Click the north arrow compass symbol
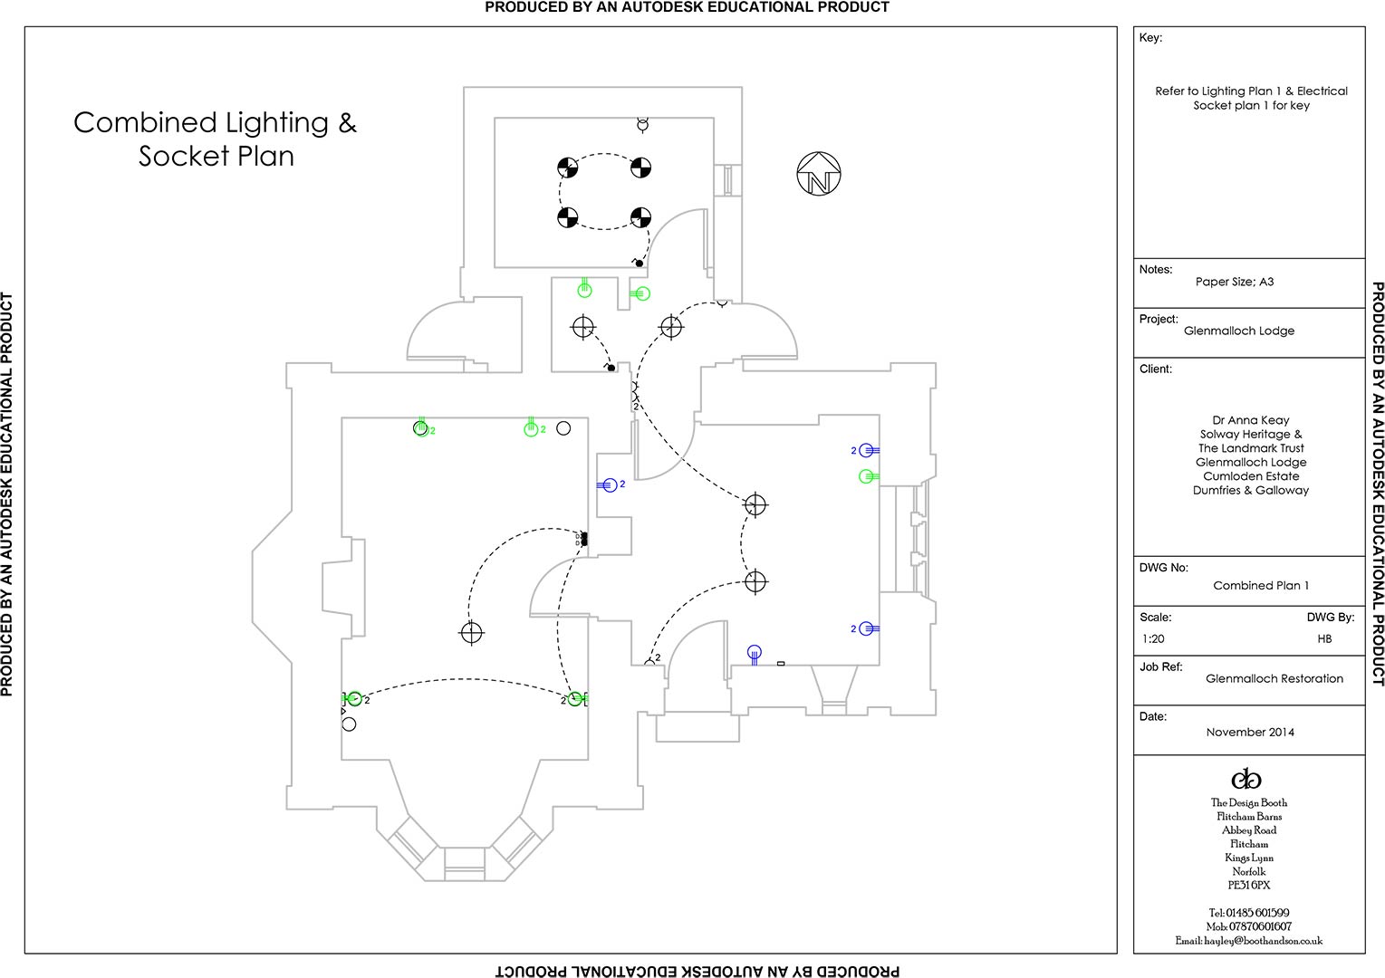(x=819, y=174)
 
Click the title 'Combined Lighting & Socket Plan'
(x=216, y=139)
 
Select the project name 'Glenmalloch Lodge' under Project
(x=1238, y=331)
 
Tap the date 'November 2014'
(x=1249, y=732)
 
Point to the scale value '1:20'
(x=1153, y=638)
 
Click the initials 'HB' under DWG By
(x=1324, y=638)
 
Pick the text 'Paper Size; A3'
(x=1234, y=282)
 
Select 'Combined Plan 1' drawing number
(x=1261, y=585)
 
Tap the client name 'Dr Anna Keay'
(x=1250, y=420)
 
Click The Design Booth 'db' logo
(x=1246, y=779)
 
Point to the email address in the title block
(x=1249, y=941)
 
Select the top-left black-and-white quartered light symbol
(x=568, y=168)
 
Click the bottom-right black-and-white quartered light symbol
(x=640, y=217)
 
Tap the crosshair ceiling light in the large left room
(x=471, y=632)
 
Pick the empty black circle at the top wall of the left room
(x=563, y=428)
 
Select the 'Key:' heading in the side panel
(x=1150, y=38)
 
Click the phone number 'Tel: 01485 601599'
(x=1248, y=913)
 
